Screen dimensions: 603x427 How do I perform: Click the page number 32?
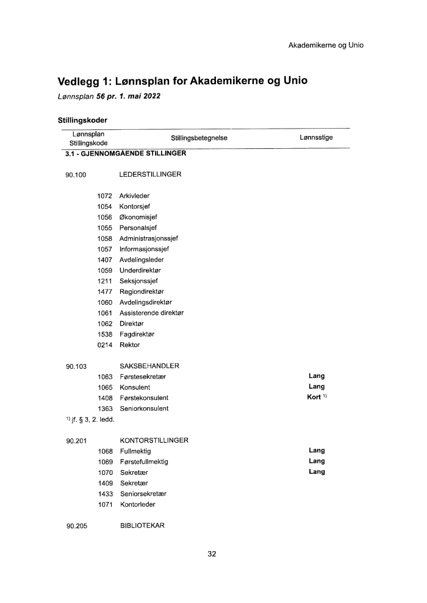point(212,554)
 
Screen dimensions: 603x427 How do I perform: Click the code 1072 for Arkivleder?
point(105,196)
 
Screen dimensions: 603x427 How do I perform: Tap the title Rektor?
point(129,345)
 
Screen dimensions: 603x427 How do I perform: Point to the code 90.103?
point(76,366)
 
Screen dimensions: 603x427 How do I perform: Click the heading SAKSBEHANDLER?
point(149,366)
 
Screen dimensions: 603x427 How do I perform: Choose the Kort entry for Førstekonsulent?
point(315,398)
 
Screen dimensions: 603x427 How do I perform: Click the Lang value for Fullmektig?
point(317,451)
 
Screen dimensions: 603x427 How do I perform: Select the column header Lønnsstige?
point(316,138)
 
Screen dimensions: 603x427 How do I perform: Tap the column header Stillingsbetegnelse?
point(199,138)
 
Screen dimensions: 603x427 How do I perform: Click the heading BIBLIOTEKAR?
point(142,526)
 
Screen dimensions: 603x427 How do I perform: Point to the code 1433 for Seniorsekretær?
point(105,493)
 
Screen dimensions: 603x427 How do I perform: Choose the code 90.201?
point(76,440)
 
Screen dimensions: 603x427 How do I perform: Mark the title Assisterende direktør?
point(151,313)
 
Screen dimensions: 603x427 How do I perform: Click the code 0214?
point(105,345)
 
